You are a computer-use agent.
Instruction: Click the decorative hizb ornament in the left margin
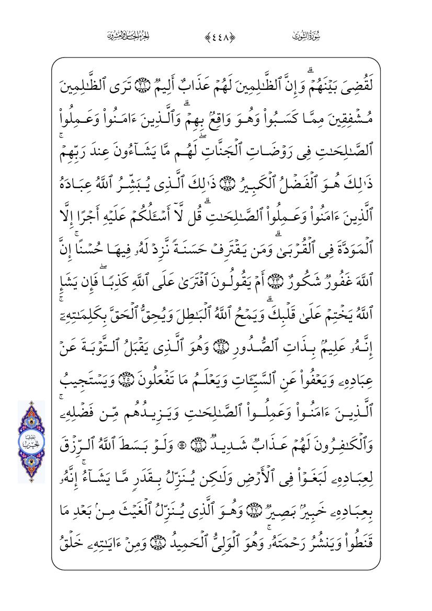31,442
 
